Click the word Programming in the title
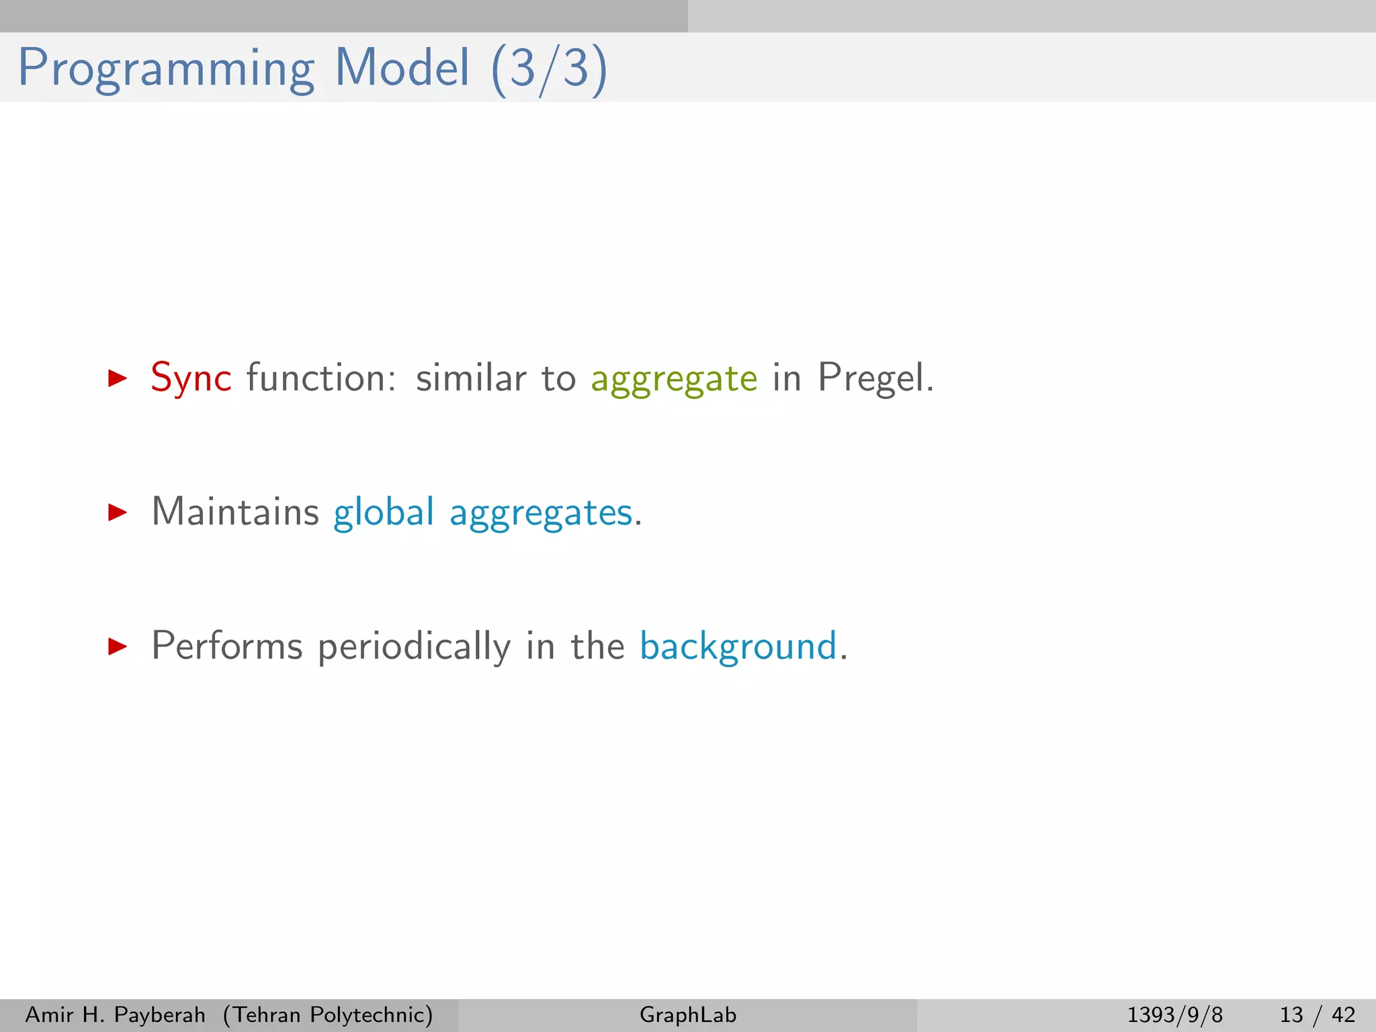[166, 69]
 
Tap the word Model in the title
[402, 68]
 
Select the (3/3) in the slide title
[550, 69]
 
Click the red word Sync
[191, 378]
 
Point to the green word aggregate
[674, 380]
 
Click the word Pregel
[875, 378]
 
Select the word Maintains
[235, 512]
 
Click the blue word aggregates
[541, 514]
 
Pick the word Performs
[227, 646]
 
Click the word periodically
[414, 648]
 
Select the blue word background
[738, 647]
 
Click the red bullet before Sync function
[118, 378]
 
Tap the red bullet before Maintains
[118, 513]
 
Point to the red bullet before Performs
[118, 647]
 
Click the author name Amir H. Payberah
[115, 1015]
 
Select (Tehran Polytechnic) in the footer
[328, 1015]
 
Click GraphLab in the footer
[688, 1015]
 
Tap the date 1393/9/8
[1174, 1015]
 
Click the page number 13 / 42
[1317, 1015]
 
